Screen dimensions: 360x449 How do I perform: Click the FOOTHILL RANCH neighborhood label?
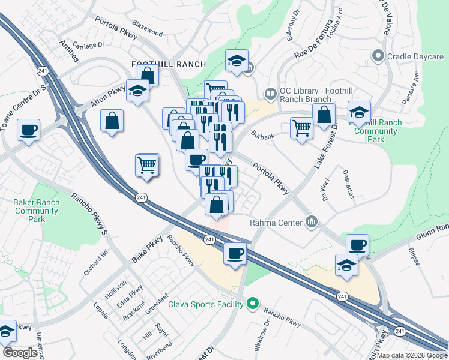169,64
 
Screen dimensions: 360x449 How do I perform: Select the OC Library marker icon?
270,94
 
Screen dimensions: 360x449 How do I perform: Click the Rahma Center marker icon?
311,223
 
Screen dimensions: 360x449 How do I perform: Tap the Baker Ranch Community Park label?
37,211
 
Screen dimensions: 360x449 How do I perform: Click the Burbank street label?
263,136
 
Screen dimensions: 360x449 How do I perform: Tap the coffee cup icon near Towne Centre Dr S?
28,130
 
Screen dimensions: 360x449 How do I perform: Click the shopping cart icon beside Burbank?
301,127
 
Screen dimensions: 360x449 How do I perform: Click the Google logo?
20,353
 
